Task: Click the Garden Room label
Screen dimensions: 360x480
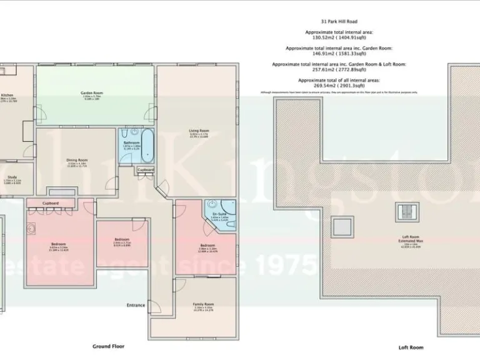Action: pyautogui.click(x=91, y=93)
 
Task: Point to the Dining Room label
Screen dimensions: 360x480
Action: pyautogui.click(x=77, y=159)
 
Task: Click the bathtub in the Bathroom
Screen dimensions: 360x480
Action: pyautogui.click(x=147, y=146)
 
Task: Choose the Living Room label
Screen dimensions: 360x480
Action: pyautogui.click(x=199, y=131)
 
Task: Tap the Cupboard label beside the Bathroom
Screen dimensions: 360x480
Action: pyautogui.click(x=145, y=169)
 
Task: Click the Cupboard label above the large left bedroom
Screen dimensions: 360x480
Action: pyautogui.click(x=51, y=203)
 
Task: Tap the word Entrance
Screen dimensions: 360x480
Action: pyautogui.click(x=136, y=305)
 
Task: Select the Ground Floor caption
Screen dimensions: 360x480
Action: pyautogui.click(x=109, y=346)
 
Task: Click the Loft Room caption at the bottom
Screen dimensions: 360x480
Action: pyautogui.click(x=411, y=347)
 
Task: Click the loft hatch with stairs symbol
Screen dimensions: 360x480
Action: pyautogui.click(x=407, y=212)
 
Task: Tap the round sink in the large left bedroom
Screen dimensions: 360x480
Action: pyautogui.click(x=31, y=229)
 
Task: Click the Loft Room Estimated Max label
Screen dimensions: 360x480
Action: pyautogui.click(x=410, y=240)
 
